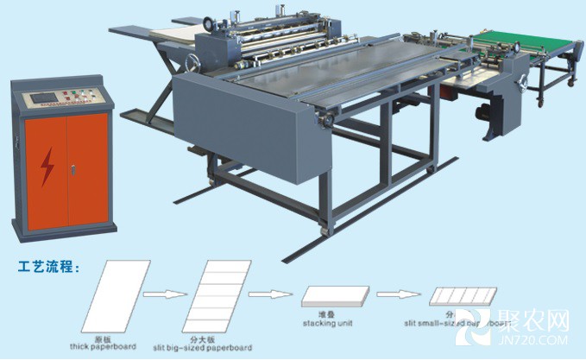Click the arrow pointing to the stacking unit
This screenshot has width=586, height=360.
click(270, 294)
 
